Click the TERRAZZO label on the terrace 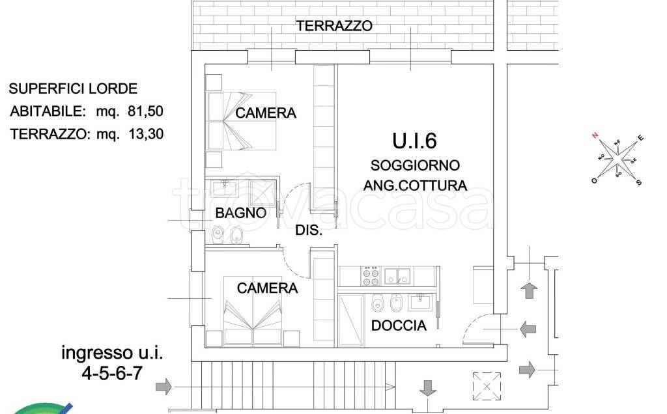[334, 26]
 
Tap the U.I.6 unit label [414, 141]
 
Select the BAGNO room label [241, 212]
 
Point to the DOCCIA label [399, 325]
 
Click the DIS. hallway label [309, 230]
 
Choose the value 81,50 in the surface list [145, 111]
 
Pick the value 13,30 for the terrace [146, 134]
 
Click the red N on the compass [595, 135]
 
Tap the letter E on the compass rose [641, 138]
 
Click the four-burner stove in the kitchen [371, 276]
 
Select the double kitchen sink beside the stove [398, 276]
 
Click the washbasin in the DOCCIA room [420, 302]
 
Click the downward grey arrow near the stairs [427, 388]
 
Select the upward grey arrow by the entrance [529, 290]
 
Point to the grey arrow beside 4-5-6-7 [163, 387]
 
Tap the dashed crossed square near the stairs [487, 387]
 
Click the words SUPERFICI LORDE [73, 89]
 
